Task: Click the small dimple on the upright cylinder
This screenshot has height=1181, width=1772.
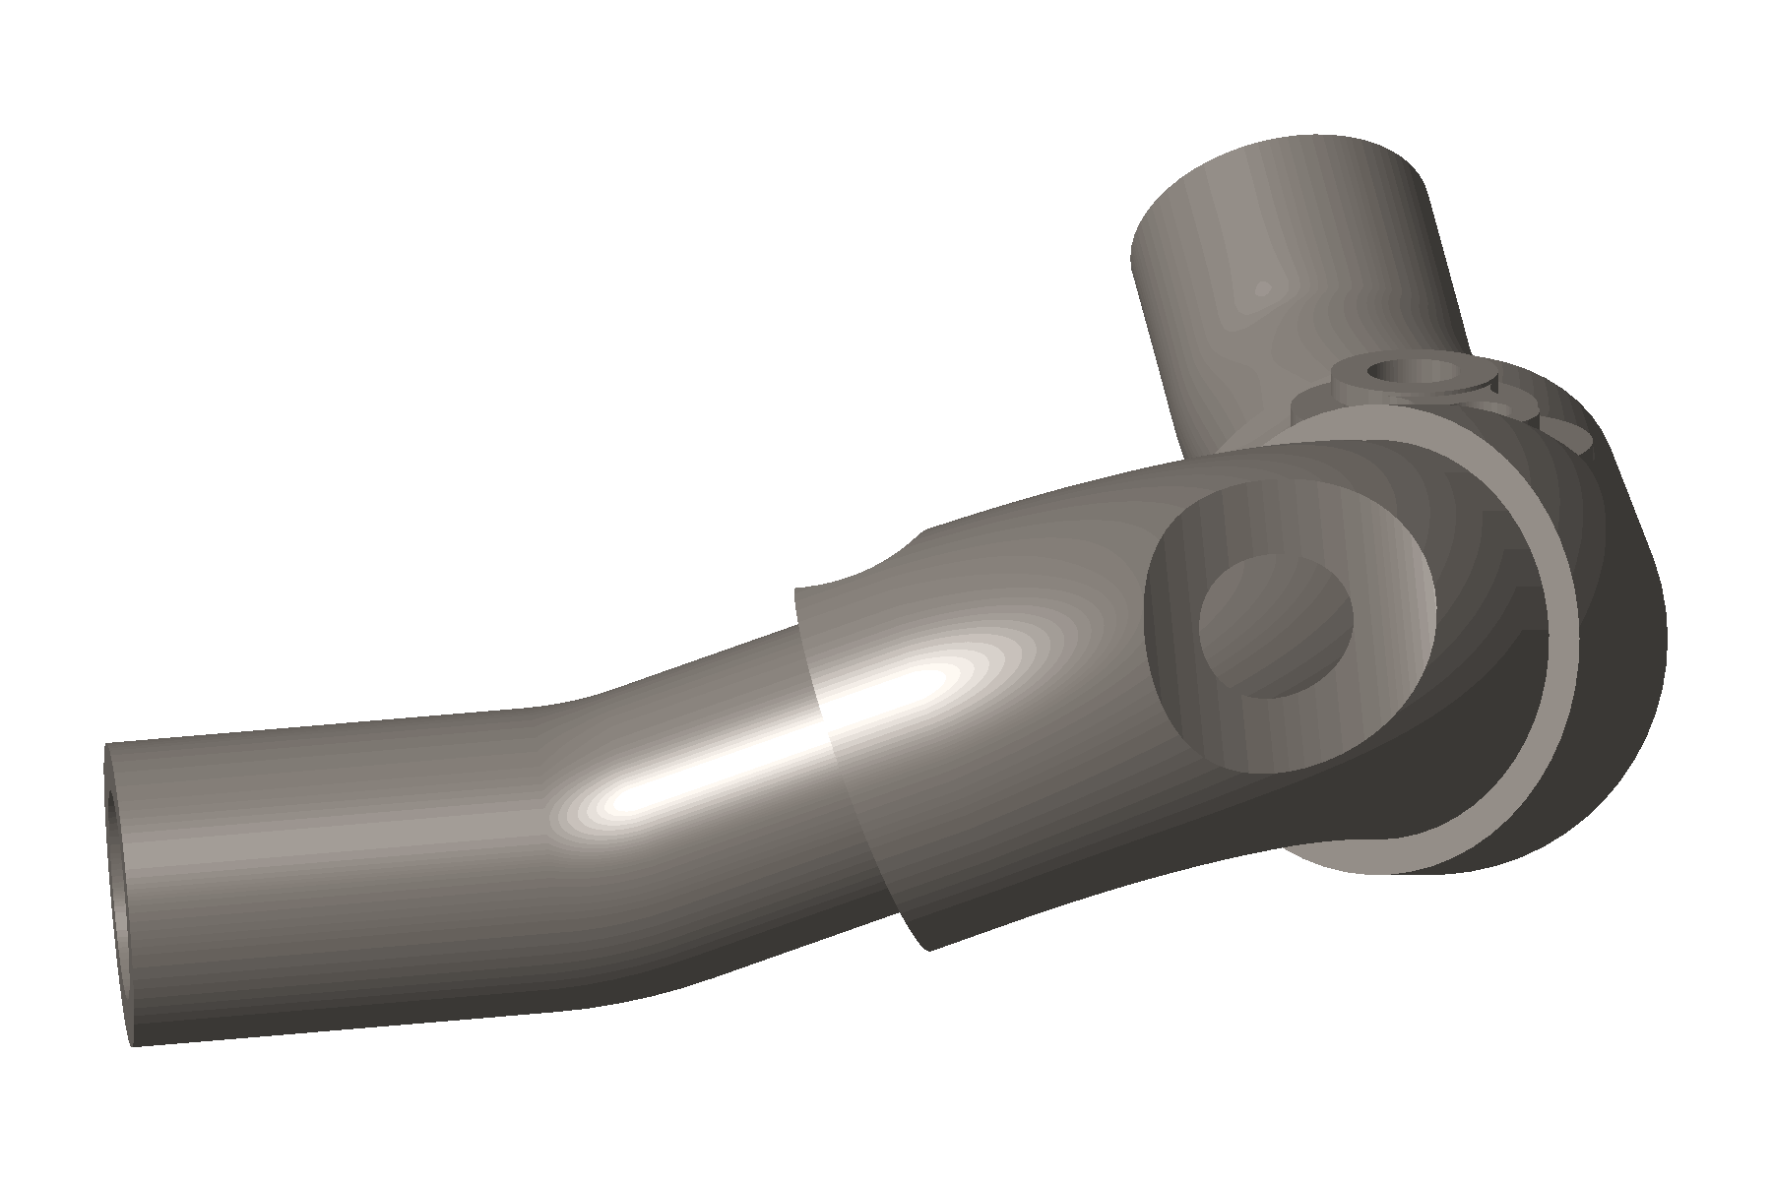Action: [1262, 289]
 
